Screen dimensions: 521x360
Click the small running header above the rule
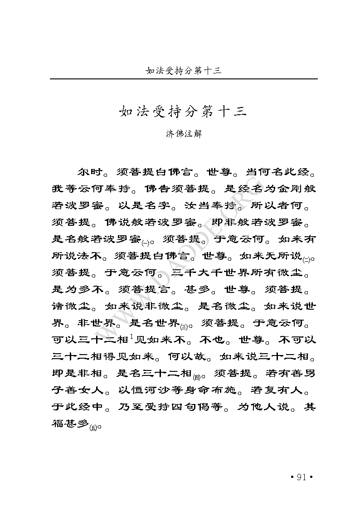[x=183, y=71]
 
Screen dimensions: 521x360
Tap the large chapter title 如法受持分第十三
[x=183, y=112]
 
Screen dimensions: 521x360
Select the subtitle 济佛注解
[x=183, y=134]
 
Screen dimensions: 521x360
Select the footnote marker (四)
[x=197, y=376]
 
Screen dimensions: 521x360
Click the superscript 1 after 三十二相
[x=131, y=336]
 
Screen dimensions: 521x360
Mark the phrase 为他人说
[x=264, y=407]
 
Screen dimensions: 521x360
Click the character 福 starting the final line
[x=59, y=424]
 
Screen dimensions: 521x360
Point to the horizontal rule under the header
[x=183, y=79]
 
